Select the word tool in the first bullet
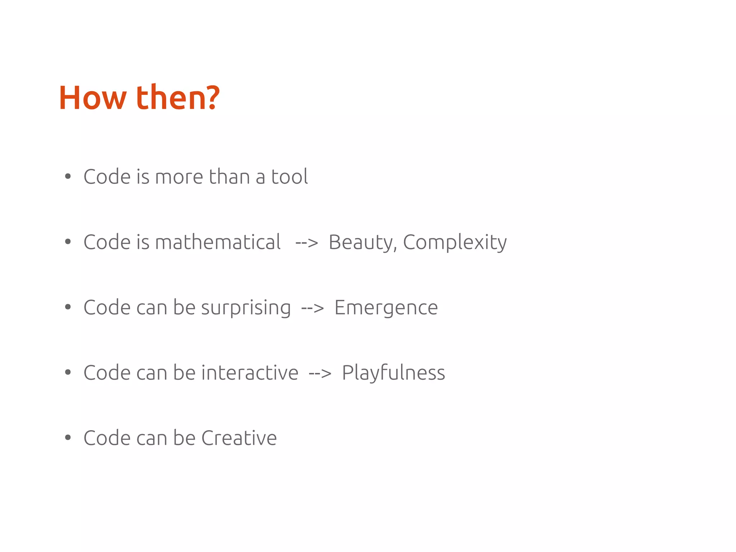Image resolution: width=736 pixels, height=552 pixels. tap(289, 177)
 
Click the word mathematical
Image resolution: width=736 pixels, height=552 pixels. tap(218, 242)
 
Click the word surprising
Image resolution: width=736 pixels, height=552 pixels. tap(246, 308)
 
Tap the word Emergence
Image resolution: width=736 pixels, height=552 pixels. tap(386, 308)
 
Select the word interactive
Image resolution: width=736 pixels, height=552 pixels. tap(250, 373)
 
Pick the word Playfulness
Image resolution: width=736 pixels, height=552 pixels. tap(393, 373)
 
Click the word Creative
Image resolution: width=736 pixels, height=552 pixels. tap(239, 438)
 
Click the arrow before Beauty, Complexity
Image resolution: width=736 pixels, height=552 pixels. tap(307, 243)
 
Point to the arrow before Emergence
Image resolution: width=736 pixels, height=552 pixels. tap(312, 308)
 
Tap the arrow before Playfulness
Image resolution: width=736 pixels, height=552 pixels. tap(320, 374)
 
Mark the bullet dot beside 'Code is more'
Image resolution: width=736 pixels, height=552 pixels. tap(68, 177)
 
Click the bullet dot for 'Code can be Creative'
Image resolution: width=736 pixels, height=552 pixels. tap(68, 438)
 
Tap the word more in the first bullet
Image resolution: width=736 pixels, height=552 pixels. tap(179, 177)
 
